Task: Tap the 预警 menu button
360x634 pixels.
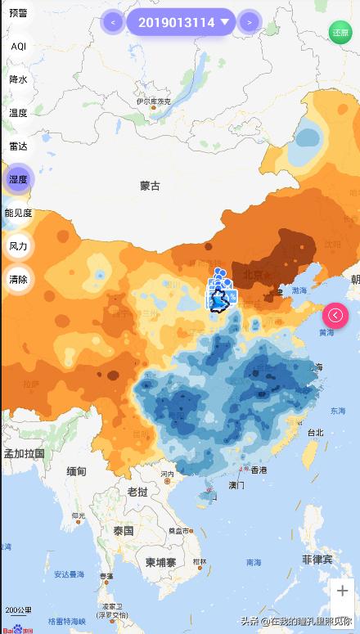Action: click(x=18, y=13)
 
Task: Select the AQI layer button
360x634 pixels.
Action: click(x=18, y=47)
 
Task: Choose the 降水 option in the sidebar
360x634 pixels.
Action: click(x=18, y=79)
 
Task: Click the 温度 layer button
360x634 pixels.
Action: click(x=18, y=113)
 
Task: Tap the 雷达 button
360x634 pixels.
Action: click(x=18, y=146)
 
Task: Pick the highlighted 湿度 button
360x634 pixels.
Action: click(x=18, y=179)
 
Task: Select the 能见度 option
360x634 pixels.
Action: click(x=18, y=213)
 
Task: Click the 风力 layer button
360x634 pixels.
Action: click(x=18, y=245)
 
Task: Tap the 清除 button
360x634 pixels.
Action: click(x=18, y=279)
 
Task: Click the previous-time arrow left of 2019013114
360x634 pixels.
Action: click(x=112, y=22)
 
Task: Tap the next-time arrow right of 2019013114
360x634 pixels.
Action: click(x=249, y=22)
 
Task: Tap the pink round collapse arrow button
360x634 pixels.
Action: click(x=336, y=315)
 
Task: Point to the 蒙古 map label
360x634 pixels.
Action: click(x=150, y=186)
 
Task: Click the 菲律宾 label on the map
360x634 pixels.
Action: click(x=317, y=560)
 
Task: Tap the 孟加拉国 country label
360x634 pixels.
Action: click(x=25, y=453)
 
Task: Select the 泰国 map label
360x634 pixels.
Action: click(x=124, y=530)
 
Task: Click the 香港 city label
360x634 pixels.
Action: click(x=259, y=470)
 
